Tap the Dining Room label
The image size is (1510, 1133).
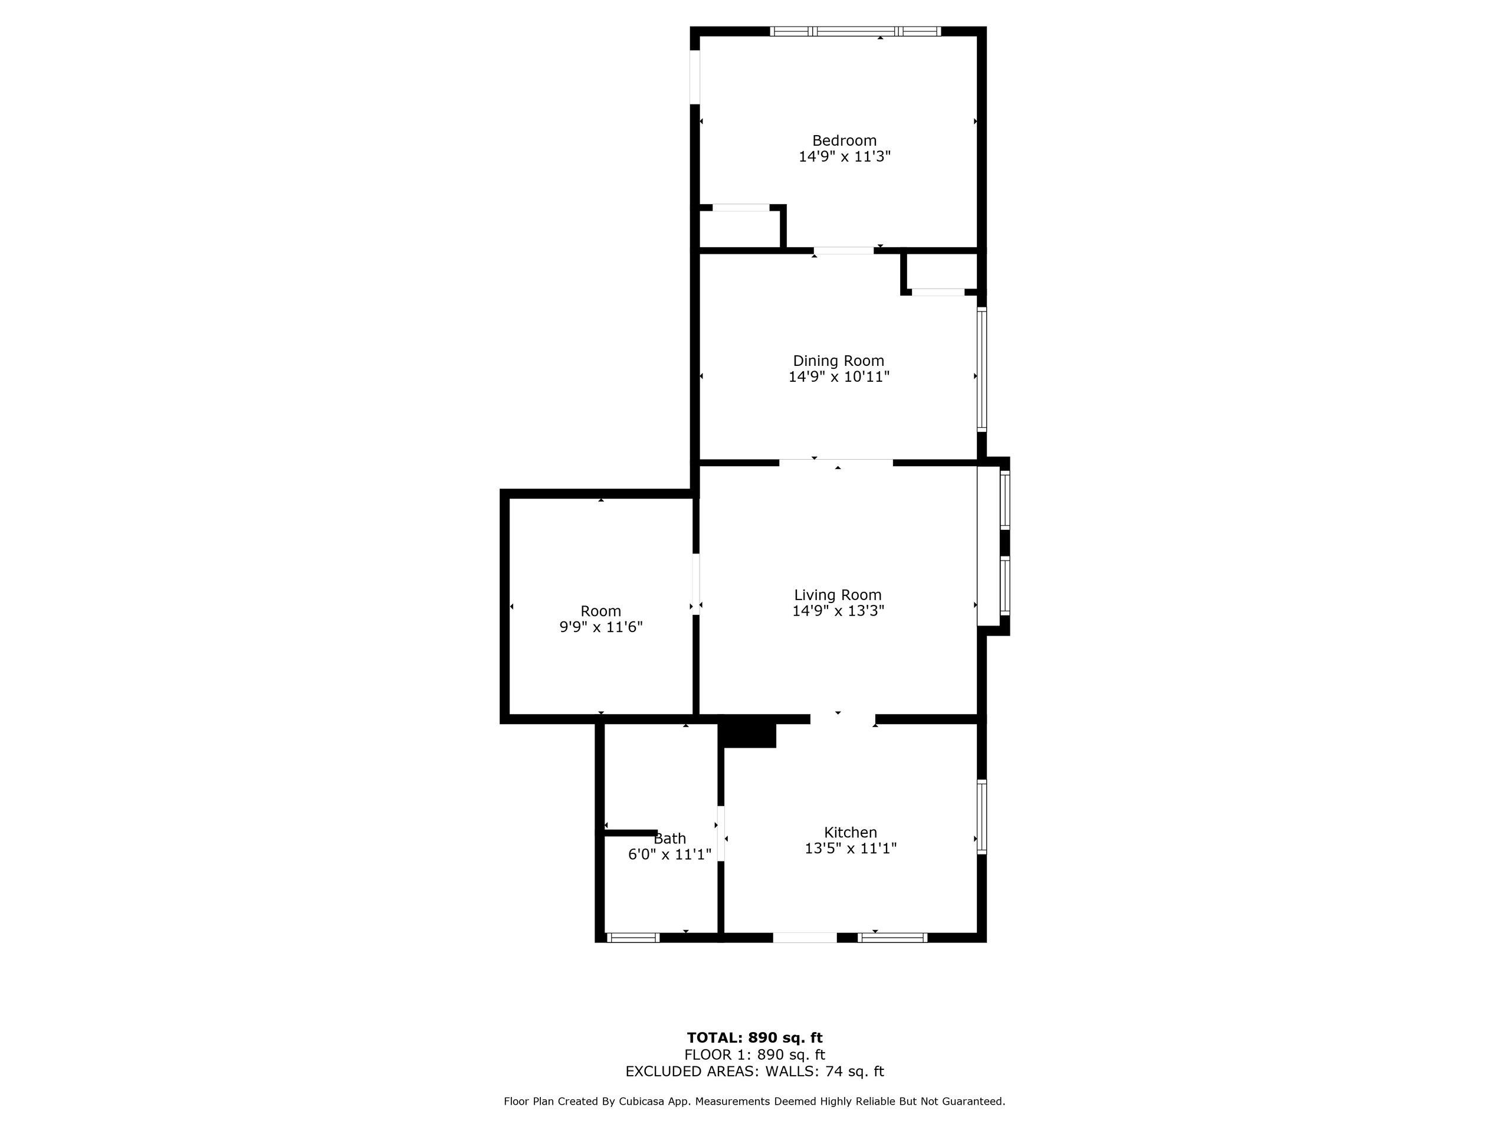coord(838,361)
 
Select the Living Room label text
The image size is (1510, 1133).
coord(838,595)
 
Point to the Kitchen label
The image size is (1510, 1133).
coord(851,833)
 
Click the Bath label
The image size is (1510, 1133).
coord(669,838)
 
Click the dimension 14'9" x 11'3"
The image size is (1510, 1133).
coord(845,156)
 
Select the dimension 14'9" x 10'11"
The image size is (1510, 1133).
coord(839,376)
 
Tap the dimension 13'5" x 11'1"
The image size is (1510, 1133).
coord(851,848)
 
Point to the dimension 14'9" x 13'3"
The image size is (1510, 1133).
coord(838,611)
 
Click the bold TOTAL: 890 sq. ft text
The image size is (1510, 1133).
coord(755,1038)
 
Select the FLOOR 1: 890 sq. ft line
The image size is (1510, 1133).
coord(755,1055)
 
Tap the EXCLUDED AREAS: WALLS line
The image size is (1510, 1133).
coord(755,1071)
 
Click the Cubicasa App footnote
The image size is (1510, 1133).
coord(754,1101)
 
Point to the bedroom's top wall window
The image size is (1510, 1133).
coord(855,31)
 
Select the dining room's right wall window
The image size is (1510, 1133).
coord(981,369)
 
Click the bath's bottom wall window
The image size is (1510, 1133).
coord(633,938)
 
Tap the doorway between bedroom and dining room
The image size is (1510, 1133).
coord(843,251)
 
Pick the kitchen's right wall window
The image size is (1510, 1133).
coord(981,817)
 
